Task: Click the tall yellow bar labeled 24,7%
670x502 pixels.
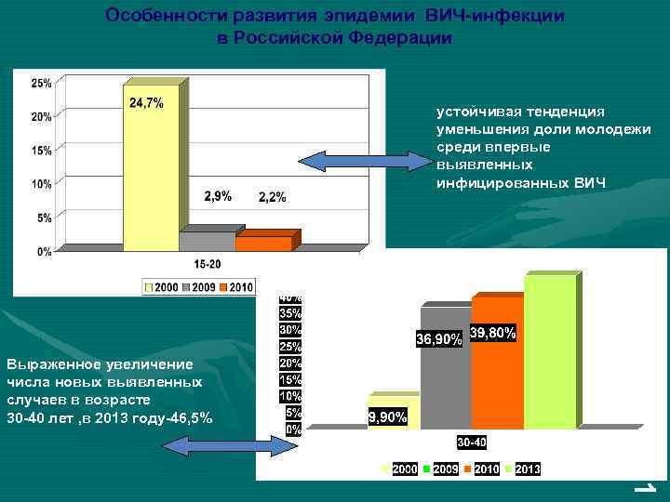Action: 150,172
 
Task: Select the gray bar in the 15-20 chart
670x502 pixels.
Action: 208,242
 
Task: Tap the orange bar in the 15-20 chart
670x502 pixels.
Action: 263,244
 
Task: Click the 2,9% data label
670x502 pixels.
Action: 218,196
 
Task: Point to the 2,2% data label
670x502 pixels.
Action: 273,197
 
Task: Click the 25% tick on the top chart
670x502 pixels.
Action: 41,83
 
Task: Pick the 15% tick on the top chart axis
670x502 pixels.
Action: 41,151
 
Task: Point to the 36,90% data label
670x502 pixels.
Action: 437,340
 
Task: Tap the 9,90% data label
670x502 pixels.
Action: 388,417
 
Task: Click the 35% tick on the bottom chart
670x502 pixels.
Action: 291,313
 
